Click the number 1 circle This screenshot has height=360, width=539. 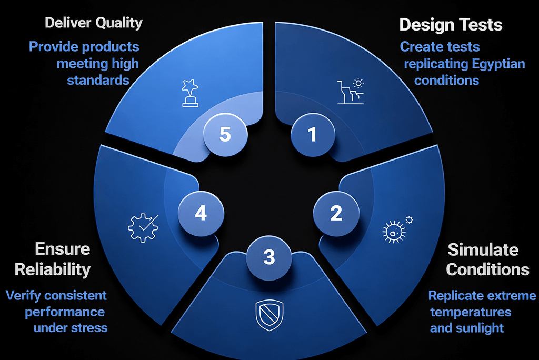[313, 134]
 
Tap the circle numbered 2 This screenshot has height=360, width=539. [336, 213]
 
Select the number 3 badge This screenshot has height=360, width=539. [269, 257]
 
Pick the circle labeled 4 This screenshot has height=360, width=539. [201, 213]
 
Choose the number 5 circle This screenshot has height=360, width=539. [225, 134]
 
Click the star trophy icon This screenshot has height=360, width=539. [190, 93]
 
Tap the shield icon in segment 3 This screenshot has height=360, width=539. [269, 315]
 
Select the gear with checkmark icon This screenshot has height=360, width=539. [143, 227]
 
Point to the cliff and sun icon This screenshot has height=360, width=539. [351, 91]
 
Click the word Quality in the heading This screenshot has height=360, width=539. [118, 23]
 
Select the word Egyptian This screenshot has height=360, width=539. [498, 64]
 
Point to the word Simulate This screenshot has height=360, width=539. [483, 249]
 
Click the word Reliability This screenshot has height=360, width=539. [53, 269]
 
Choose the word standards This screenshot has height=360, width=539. [98, 80]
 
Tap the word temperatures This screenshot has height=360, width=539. [471, 312]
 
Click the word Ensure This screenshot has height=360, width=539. [63, 249]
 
